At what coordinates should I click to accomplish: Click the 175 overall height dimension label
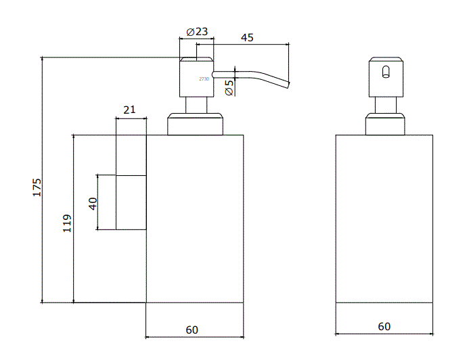(37, 187)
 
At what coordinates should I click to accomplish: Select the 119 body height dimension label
(67, 223)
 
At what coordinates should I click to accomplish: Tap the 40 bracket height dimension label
(93, 202)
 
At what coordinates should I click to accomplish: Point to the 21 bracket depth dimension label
(130, 109)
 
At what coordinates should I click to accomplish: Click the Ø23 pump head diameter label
(196, 31)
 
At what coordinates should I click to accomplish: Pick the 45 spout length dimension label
(247, 38)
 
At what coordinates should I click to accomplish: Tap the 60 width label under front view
(384, 326)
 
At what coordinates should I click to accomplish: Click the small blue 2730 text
(204, 79)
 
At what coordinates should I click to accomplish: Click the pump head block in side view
(196, 76)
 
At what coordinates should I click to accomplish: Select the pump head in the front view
(386, 76)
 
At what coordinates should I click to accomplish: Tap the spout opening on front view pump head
(386, 72)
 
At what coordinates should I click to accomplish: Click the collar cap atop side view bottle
(196, 125)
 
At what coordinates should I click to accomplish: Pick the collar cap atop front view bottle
(385, 125)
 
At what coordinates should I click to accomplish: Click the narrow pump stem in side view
(196, 104)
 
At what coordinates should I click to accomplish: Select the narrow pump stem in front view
(385, 104)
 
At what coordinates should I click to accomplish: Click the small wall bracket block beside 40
(131, 202)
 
